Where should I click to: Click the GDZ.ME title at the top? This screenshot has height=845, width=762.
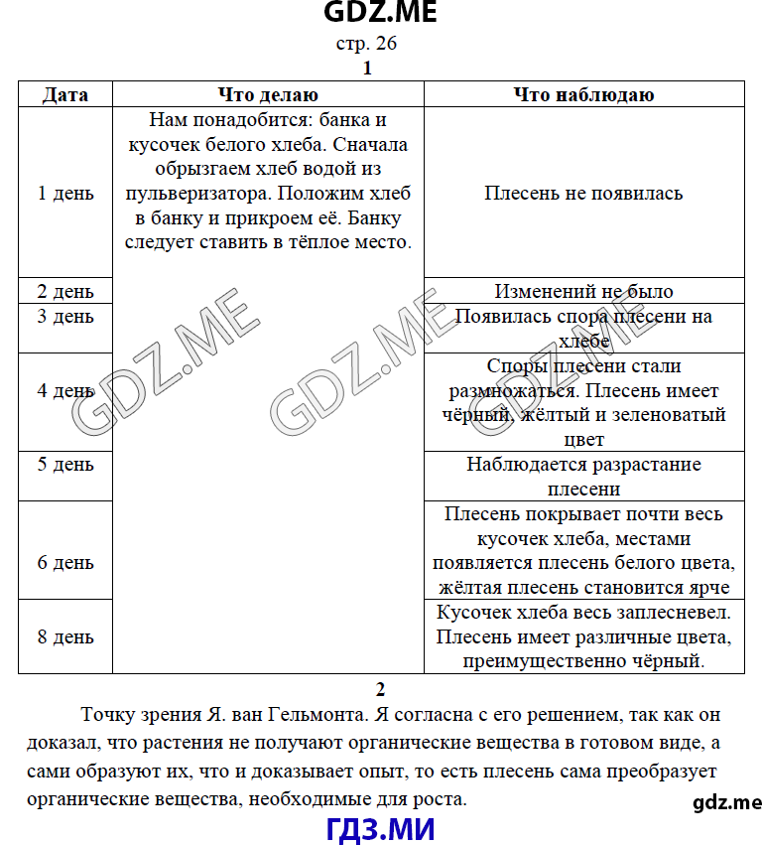(x=380, y=13)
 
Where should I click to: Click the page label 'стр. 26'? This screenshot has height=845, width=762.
(x=367, y=44)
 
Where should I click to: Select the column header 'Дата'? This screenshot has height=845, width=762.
(x=65, y=95)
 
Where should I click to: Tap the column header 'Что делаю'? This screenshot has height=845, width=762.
(x=268, y=95)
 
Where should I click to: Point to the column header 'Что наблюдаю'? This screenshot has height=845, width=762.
(x=583, y=95)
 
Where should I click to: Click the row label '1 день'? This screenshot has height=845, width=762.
(x=65, y=194)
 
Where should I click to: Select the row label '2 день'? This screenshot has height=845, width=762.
(x=65, y=292)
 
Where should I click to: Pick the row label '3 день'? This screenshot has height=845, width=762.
(x=65, y=317)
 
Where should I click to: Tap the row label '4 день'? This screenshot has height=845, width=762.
(x=65, y=391)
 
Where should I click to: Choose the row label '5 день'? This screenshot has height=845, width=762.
(x=65, y=465)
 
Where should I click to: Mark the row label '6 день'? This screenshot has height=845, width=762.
(x=65, y=563)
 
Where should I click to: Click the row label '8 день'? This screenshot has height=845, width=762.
(x=65, y=636)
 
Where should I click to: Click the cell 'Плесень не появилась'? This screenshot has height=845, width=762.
(x=583, y=194)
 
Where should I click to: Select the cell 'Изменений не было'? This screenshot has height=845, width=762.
(x=583, y=292)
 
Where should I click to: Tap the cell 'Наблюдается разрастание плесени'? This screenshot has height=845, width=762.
(x=583, y=477)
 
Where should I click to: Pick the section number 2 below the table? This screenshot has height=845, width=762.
(x=380, y=689)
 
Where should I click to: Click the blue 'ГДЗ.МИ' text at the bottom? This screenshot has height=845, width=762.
(x=380, y=828)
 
